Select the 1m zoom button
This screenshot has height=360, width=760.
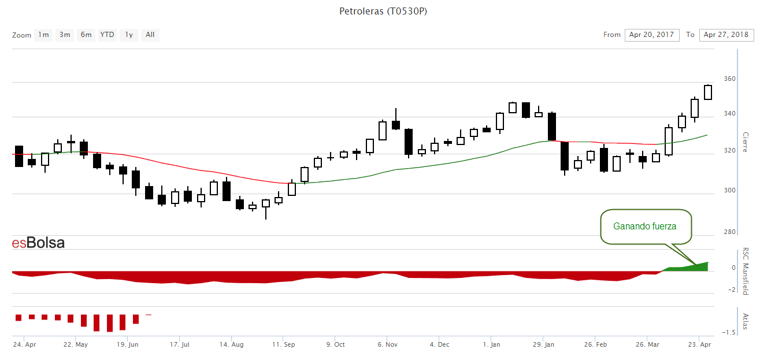click(43, 35)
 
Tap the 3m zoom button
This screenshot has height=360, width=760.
click(65, 35)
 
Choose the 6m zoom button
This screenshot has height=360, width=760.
click(86, 35)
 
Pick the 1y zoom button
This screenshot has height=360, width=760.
click(129, 35)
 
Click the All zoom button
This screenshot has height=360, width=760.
click(150, 35)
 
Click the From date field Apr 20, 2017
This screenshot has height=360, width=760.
click(651, 35)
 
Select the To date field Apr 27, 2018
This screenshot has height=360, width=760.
click(726, 35)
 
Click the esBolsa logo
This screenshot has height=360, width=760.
click(38, 243)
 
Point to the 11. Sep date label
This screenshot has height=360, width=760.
click(284, 344)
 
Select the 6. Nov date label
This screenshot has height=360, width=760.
click(387, 344)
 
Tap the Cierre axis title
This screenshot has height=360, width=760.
click(746, 142)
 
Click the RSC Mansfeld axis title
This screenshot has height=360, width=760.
click(746, 271)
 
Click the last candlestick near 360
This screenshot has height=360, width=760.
click(708, 92)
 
